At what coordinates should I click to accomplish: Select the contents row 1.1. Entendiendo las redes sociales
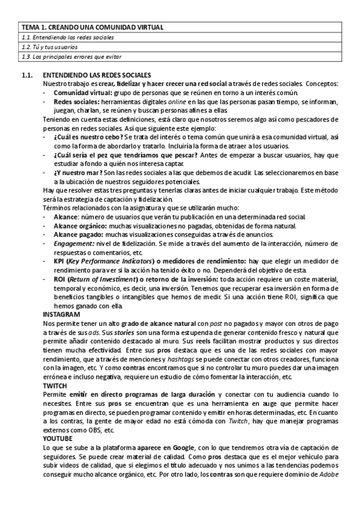[67, 37]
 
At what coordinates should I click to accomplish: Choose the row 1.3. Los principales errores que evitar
[71, 57]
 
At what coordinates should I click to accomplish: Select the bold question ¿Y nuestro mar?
[74, 172]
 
